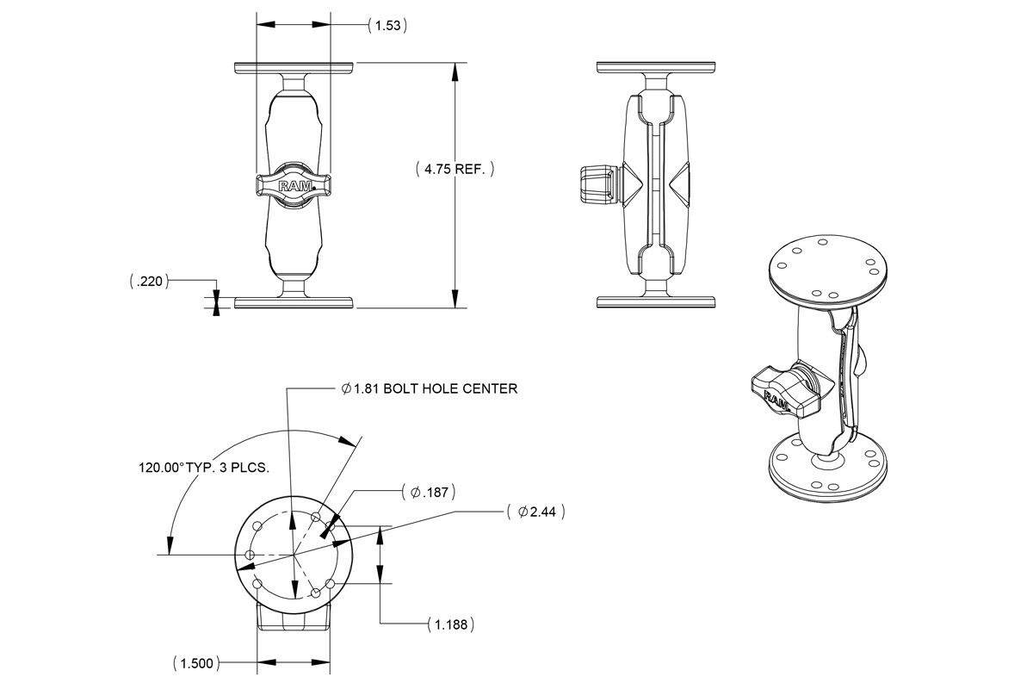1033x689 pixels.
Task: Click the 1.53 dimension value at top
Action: [x=387, y=25]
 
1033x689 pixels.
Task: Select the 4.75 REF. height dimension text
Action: [x=455, y=169]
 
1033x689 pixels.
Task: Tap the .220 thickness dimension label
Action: [x=148, y=281]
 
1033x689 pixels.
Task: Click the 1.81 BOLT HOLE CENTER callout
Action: [x=430, y=388]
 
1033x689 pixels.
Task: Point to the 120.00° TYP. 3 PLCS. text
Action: [x=205, y=468]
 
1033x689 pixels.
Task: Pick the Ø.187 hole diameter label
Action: [x=429, y=493]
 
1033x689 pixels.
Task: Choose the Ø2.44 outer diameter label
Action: [x=536, y=512]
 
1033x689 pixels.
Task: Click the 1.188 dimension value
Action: [x=450, y=624]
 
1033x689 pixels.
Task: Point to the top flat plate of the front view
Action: [x=294, y=67]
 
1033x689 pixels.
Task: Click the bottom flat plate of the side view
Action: [x=656, y=302]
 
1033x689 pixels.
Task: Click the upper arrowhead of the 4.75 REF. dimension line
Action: [x=455, y=70]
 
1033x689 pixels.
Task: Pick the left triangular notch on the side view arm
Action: [x=628, y=184]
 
